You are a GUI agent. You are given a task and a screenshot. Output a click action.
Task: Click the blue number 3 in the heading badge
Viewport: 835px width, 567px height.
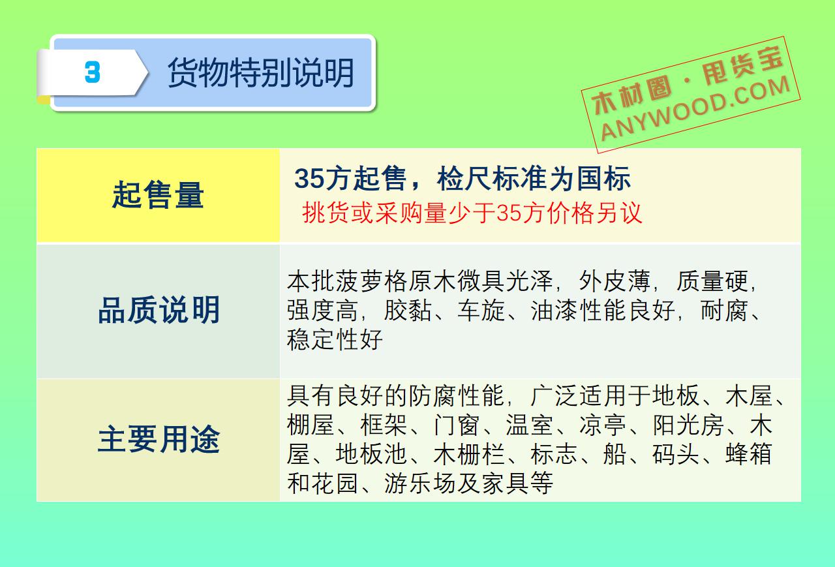tap(93, 72)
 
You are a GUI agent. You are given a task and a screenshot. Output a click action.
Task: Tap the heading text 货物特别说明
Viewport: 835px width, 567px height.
tap(261, 73)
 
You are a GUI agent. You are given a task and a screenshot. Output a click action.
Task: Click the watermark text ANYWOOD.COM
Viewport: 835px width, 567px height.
tap(695, 108)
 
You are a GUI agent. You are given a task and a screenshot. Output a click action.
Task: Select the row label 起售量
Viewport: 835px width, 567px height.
tap(158, 194)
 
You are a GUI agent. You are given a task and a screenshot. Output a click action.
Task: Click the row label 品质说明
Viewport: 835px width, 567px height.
tap(159, 310)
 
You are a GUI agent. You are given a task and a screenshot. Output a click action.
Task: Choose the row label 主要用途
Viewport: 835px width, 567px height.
tap(159, 439)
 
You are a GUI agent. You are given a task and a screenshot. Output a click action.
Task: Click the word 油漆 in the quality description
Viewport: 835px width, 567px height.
tap(554, 310)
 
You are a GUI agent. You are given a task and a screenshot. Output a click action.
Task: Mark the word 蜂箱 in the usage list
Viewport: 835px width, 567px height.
tap(748, 453)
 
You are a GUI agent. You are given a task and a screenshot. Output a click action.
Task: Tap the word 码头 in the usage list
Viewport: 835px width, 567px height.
tap(675, 453)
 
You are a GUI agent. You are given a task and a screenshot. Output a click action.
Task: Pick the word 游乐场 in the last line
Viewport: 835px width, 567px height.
tap(419, 483)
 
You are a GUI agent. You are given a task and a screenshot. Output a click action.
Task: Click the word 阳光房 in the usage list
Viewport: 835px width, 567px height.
tap(688, 425)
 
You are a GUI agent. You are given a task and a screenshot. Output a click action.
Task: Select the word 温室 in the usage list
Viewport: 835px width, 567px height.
tap(529, 425)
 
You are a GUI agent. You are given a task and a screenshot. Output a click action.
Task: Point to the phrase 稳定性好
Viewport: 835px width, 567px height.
tap(335, 339)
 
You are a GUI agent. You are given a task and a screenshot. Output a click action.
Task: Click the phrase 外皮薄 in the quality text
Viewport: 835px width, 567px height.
tap(615, 281)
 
